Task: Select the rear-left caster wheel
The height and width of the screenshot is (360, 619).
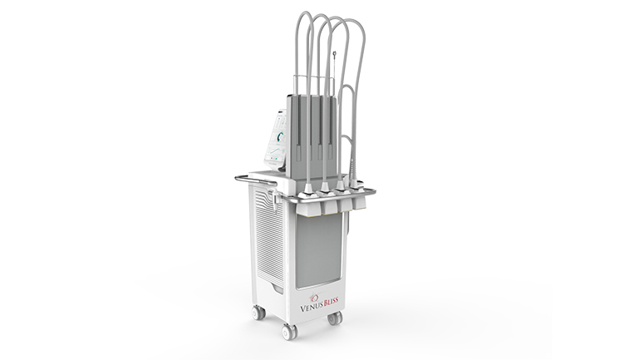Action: pos(258,313)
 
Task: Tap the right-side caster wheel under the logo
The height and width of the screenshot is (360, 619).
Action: pos(335,318)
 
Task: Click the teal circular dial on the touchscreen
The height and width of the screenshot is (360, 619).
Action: pos(282,136)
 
